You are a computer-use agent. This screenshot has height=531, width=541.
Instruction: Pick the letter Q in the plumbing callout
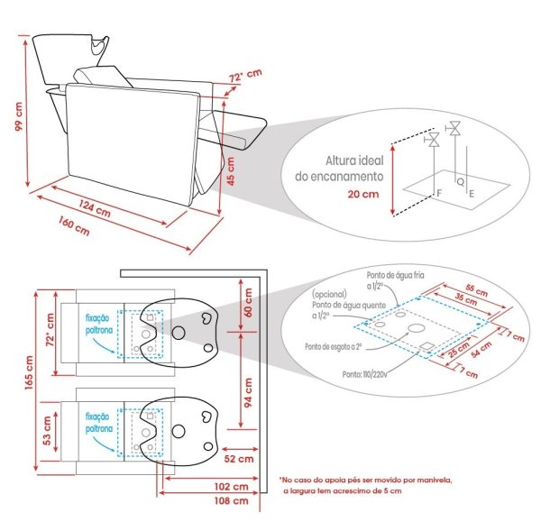coord(461,180)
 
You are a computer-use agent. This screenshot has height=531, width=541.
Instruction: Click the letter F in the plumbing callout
coord(439,193)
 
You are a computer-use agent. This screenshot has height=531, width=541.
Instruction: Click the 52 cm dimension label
coord(236,458)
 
